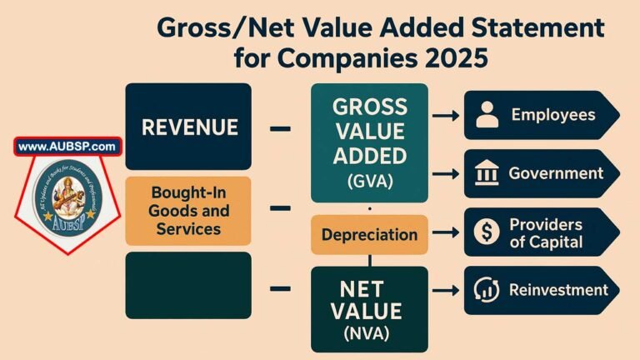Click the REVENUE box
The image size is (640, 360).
[x=188, y=127]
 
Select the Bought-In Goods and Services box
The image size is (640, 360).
[x=187, y=211]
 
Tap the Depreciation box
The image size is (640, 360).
[x=368, y=234]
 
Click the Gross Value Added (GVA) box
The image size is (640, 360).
[x=369, y=142]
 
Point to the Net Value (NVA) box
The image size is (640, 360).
[x=369, y=307]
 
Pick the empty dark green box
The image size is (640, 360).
[x=188, y=285]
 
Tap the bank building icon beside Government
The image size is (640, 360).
[x=487, y=174]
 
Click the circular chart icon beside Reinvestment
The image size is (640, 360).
[x=487, y=290]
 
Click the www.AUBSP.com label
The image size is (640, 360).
[x=67, y=147]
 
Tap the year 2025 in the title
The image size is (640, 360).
[x=448, y=60]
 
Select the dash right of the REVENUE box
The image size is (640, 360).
[x=281, y=129]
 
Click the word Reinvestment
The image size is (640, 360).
[x=559, y=290]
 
